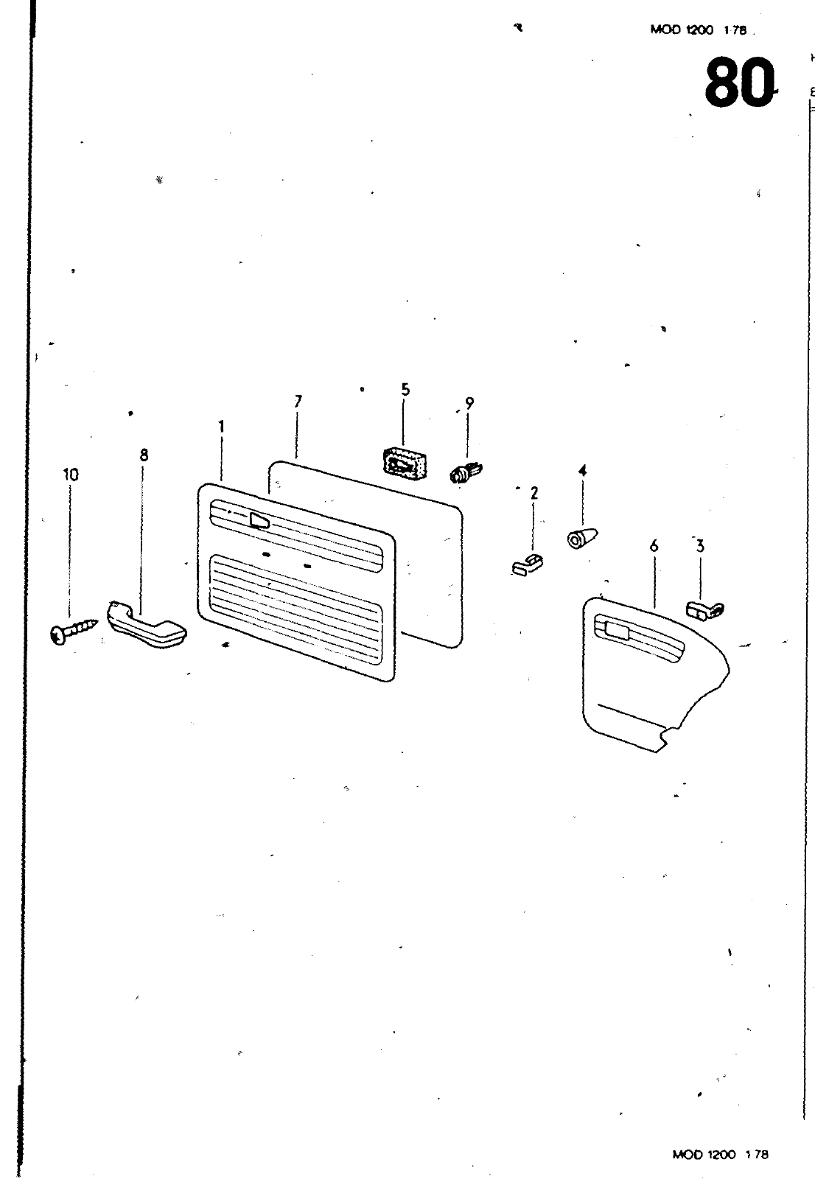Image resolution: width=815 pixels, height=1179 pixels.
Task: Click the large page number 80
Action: coord(739,83)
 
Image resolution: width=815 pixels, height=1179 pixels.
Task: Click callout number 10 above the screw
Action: coord(71,475)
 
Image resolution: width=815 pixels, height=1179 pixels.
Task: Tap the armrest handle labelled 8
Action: coord(147,626)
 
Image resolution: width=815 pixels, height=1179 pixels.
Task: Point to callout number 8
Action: coord(144,455)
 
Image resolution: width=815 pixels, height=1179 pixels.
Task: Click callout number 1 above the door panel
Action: coord(221,427)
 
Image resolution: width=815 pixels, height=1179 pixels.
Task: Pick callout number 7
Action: coord(298,402)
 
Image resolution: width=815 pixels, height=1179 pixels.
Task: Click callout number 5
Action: coord(405,389)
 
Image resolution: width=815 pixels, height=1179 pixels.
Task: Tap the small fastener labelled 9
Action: coord(464,472)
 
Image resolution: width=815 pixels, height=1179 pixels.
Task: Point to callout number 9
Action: coord(469,403)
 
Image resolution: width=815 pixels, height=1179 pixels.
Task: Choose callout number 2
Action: coord(534,493)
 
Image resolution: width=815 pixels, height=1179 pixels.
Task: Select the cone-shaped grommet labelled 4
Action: coord(581,537)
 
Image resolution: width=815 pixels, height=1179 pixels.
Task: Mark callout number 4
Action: coord(582,470)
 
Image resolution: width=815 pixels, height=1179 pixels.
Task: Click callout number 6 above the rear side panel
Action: coord(654,546)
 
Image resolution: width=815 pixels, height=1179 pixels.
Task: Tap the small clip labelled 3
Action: coord(705,609)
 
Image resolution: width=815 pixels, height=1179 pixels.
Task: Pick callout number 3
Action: coord(700,546)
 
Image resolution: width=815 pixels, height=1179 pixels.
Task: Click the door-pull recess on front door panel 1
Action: coord(259,521)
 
